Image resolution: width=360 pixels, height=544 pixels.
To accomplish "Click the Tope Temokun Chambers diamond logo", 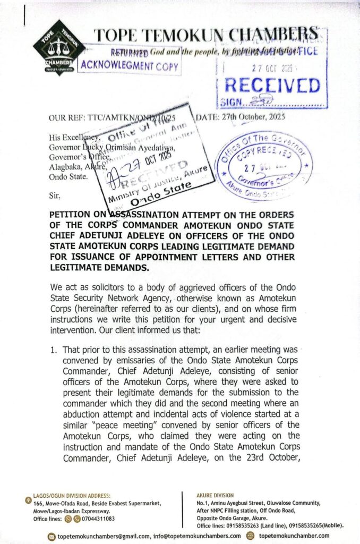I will [x=59, y=47].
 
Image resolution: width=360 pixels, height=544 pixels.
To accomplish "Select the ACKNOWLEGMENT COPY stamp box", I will [x=130, y=66].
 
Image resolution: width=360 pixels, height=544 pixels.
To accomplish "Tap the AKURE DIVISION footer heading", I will [x=215, y=496].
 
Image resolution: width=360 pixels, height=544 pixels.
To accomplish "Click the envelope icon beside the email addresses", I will [x=52, y=535].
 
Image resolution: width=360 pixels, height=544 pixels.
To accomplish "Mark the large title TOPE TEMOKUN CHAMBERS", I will [x=207, y=36].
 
